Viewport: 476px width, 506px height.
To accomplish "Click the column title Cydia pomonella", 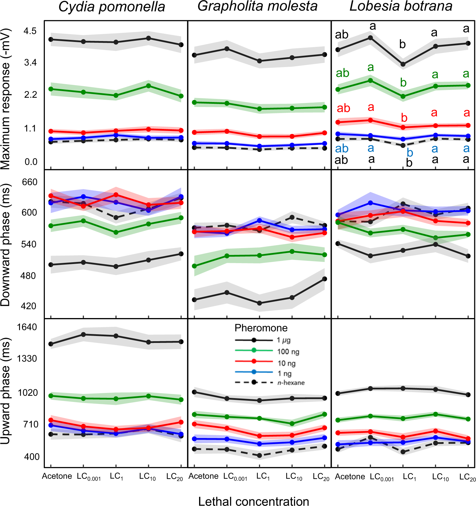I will coord(112,7).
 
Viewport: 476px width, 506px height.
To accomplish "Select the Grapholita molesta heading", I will coord(257,6).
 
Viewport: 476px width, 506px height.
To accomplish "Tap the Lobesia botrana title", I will coord(401,6).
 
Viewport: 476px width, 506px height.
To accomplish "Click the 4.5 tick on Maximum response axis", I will coord(30,31).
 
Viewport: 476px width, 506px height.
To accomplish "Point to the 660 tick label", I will coord(30,182).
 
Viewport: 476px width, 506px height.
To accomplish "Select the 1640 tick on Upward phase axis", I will coord(27,327).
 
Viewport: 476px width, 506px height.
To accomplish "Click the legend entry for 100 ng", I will coord(288,352).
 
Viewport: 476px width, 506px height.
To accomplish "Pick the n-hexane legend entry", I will coord(291,383).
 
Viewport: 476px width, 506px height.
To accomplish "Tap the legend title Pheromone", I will coord(261,328).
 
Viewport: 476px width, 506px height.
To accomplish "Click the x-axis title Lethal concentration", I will coord(253,501).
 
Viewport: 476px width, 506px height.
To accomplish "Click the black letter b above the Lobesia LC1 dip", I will coord(402,44).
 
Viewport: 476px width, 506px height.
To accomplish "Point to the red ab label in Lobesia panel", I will coord(343,108).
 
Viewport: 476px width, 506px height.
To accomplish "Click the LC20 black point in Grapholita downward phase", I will coord(324,279).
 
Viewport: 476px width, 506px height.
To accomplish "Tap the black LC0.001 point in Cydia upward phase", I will coord(83,335).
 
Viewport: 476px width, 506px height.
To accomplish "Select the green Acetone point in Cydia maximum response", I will coord(51,89).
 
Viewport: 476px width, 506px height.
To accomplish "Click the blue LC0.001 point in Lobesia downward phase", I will coord(370,203).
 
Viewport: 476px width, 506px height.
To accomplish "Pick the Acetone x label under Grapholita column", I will coord(203,476).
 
